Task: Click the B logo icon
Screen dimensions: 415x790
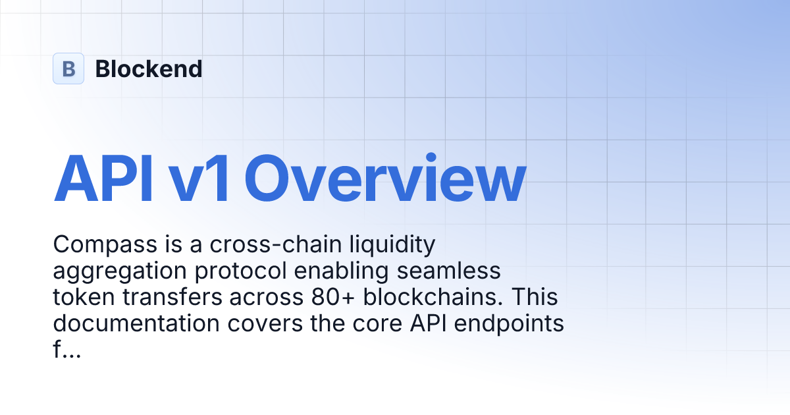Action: pos(68,69)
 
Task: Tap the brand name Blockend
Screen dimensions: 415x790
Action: pos(149,69)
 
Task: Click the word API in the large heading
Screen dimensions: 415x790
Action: pos(103,179)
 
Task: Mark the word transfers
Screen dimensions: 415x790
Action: pos(171,298)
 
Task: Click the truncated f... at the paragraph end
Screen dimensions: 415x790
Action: pos(66,350)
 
